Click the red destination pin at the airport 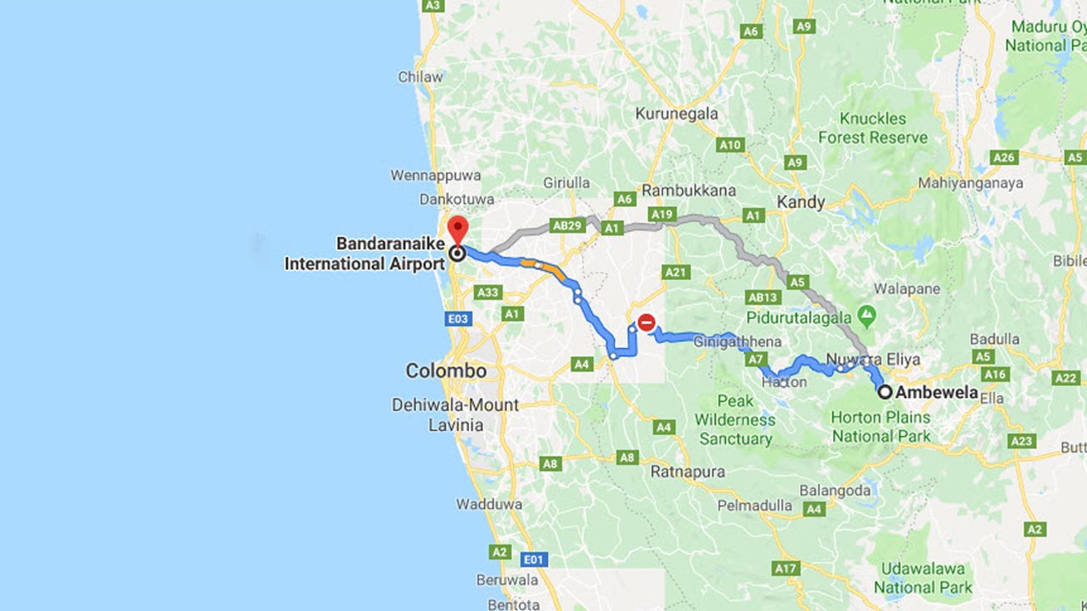click(458, 229)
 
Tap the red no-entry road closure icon click(646, 322)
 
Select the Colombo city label click(446, 371)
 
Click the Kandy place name click(800, 202)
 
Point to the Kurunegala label click(677, 114)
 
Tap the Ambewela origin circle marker click(885, 392)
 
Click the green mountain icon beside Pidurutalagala click(866, 317)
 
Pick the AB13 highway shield click(763, 297)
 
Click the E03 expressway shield click(458, 319)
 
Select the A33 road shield click(488, 292)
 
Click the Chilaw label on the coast click(420, 77)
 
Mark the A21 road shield click(676, 272)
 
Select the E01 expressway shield click(533, 560)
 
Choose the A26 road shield click(1004, 157)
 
